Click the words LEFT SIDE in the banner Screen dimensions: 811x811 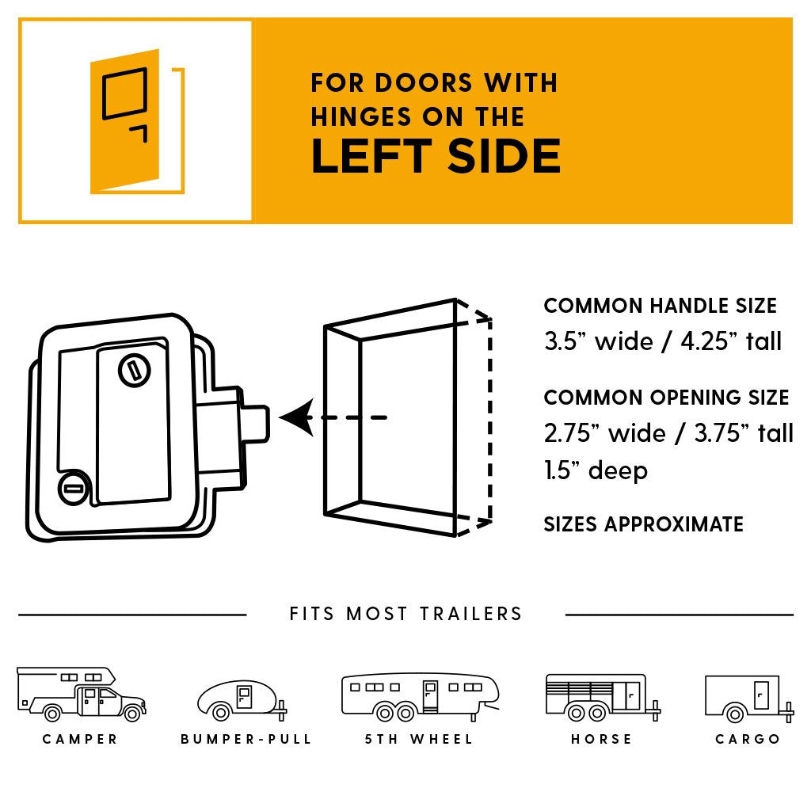436,156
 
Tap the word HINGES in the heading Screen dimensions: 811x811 352,117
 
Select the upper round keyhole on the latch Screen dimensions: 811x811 133,370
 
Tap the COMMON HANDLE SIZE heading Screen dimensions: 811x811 660,307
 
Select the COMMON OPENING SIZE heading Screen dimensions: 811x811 666,398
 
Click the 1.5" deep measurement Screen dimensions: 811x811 596,470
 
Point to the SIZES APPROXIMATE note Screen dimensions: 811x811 643,524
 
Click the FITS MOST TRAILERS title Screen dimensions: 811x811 405,614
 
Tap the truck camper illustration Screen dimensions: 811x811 81,695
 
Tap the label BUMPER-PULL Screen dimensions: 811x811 246,740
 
